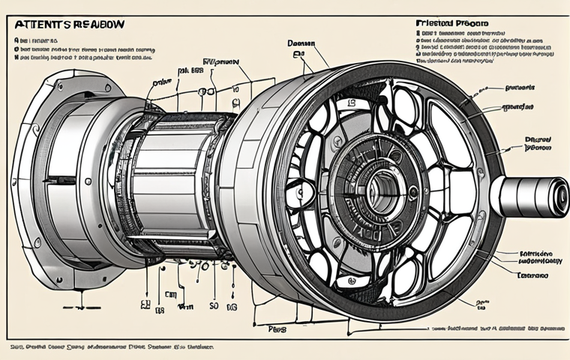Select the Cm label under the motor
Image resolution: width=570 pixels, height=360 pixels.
click(171, 294)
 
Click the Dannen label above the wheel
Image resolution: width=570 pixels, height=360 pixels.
click(300, 43)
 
